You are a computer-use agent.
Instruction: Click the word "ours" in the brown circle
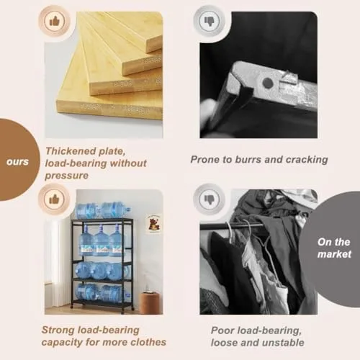tap(17, 162)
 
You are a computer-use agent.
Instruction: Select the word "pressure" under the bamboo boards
tap(67, 176)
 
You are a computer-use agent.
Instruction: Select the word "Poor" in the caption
tap(222, 330)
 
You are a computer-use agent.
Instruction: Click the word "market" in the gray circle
tap(334, 254)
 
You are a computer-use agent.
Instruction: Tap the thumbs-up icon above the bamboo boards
tap(54, 22)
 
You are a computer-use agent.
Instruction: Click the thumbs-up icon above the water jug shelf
tap(54, 199)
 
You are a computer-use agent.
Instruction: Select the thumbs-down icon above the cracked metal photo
tap(210, 22)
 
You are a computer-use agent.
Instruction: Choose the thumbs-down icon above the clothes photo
tap(210, 199)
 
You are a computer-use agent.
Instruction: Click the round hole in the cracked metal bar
tap(268, 83)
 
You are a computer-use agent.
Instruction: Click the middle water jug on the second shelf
tap(101, 240)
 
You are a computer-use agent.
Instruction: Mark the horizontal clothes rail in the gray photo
tap(232, 226)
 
